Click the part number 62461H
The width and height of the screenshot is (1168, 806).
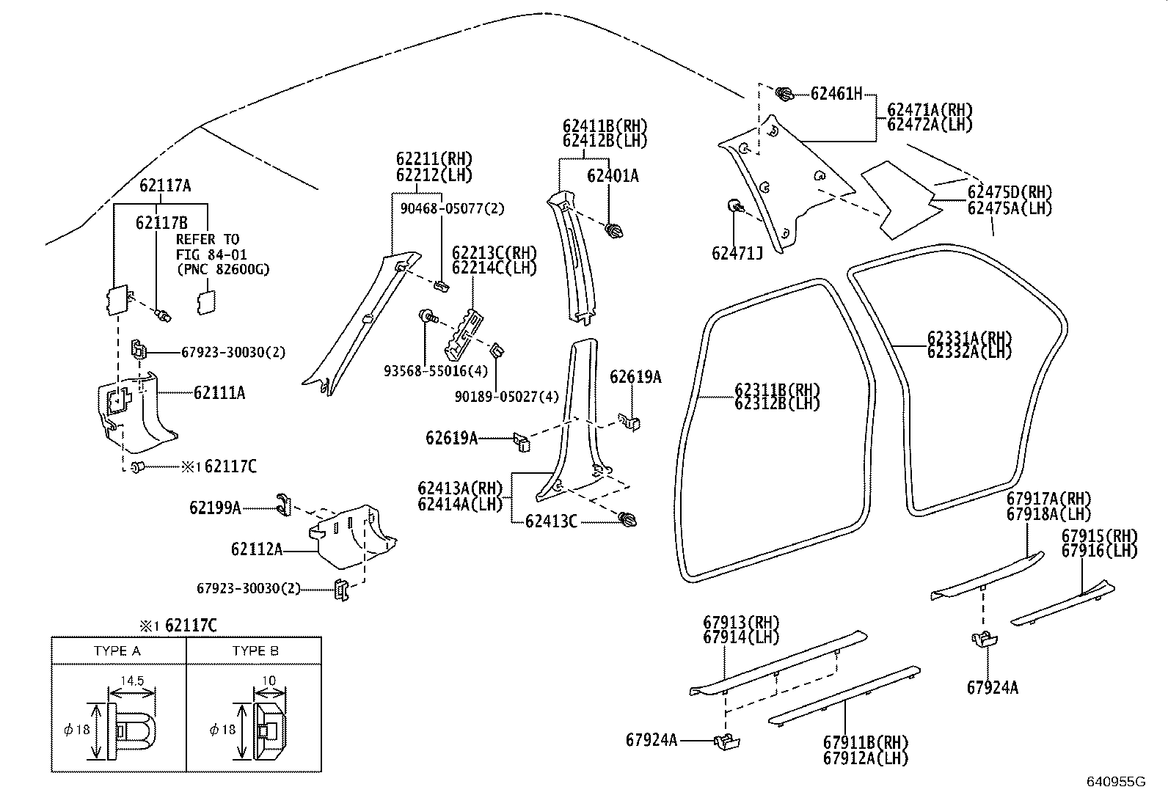click(x=836, y=94)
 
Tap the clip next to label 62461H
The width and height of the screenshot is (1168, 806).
click(x=784, y=94)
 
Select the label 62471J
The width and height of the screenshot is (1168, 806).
click(x=737, y=254)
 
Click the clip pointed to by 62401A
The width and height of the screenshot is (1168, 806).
click(x=614, y=232)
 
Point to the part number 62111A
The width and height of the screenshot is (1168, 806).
click(x=219, y=393)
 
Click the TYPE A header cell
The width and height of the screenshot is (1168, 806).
click(x=117, y=651)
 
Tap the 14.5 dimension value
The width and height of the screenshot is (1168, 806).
click(x=132, y=681)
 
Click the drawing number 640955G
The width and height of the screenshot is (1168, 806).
click(x=1115, y=781)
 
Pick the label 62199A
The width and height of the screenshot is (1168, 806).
click(x=215, y=508)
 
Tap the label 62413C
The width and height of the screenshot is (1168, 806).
click(x=550, y=521)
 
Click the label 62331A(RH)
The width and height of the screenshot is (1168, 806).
click(x=969, y=338)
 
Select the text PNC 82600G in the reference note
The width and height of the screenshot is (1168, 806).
click(x=223, y=269)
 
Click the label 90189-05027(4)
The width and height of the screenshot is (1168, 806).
click(x=506, y=397)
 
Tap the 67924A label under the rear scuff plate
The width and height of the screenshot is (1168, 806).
click(x=992, y=687)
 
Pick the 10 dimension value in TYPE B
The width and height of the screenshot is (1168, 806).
click(x=269, y=681)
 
